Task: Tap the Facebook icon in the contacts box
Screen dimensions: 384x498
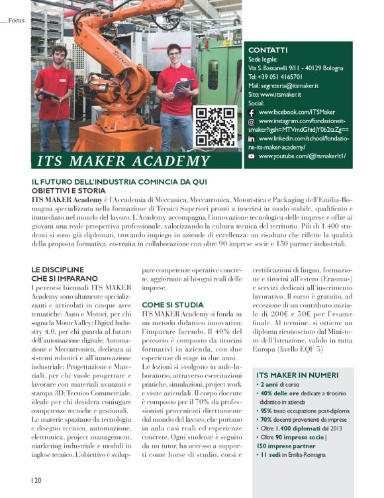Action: point(252,113)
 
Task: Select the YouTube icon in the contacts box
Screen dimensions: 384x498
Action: point(252,156)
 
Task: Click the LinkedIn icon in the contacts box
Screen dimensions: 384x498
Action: point(252,139)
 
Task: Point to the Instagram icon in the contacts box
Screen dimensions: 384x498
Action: point(252,122)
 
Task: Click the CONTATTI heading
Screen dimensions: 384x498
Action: point(267,50)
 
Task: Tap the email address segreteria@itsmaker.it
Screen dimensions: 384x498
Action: point(283,85)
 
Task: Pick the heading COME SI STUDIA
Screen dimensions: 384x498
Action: point(168,304)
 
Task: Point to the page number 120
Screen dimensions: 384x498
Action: point(36,478)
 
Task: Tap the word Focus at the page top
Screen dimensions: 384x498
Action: point(17,21)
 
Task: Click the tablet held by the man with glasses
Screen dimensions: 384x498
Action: point(183,85)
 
